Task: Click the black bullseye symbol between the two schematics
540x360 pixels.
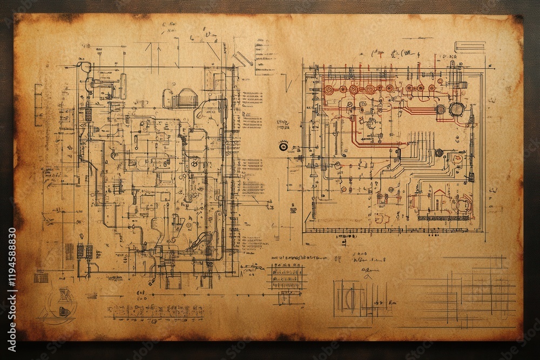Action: (x=283, y=146)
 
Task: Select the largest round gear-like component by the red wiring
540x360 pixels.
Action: (x=456, y=108)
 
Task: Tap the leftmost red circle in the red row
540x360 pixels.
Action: (x=329, y=89)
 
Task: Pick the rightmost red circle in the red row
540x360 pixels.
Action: (x=431, y=88)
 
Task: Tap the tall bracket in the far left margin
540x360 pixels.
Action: (x=38, y=105)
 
